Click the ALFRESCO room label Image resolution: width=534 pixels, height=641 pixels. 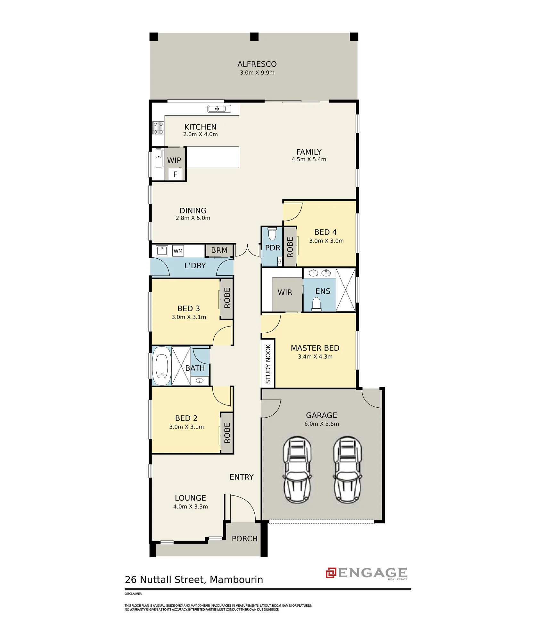click(257, 64)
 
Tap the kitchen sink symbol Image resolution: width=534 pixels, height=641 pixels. click(219, 109)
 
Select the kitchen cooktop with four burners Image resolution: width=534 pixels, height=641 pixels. click(158, 128)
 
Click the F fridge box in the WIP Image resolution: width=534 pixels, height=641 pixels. click(175, 174)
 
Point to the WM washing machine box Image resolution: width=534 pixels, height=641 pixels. click(178, 251)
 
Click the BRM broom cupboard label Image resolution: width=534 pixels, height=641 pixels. click(219, 250)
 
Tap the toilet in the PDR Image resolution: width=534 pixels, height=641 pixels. click(272, 234)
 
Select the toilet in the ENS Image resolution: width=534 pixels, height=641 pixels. click(316, 304)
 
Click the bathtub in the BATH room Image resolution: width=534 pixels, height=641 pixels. click(162, 366)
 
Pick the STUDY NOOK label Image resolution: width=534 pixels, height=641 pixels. click(268, 364)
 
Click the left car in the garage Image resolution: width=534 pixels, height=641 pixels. click(297, 470)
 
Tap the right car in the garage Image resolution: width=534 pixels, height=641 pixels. click(348, 470)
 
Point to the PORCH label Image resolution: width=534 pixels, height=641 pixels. click(245, 539)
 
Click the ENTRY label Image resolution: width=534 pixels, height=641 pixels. click(242, 477)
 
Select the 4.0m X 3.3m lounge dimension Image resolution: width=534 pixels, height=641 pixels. click(191, 507)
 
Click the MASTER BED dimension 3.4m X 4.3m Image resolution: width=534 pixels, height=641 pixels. click(315, 357)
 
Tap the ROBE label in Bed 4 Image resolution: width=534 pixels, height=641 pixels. click(290, 247)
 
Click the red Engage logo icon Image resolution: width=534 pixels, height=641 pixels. click(331, 573)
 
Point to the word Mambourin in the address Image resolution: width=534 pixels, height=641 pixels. click(236, 580)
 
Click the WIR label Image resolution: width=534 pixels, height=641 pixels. click(285, 292)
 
